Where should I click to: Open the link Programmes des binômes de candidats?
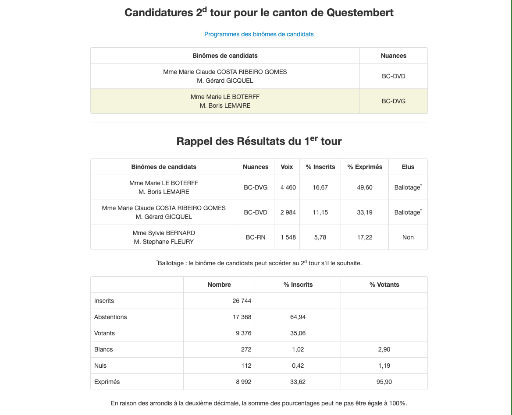point(259,34)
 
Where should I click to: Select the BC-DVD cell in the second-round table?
point(393,76)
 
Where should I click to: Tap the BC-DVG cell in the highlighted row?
point(393,101)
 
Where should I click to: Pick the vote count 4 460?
point(288,187)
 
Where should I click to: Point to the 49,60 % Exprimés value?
point(365,187)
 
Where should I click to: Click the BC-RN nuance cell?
point(256,237)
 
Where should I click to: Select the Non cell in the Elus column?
point(408,237)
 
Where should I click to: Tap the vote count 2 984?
point(288,212)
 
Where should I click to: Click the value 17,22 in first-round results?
point(365,237)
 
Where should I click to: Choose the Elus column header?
point(408,167)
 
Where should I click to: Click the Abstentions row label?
point(110,317)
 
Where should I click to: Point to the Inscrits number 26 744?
point(242,301)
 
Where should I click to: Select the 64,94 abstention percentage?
point(298,317)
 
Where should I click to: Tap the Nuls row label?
point(100,366)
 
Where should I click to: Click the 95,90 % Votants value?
point(384,382)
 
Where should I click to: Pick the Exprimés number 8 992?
point(243,382)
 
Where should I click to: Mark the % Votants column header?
point(384,285)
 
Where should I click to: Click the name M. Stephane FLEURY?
point(164,242)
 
